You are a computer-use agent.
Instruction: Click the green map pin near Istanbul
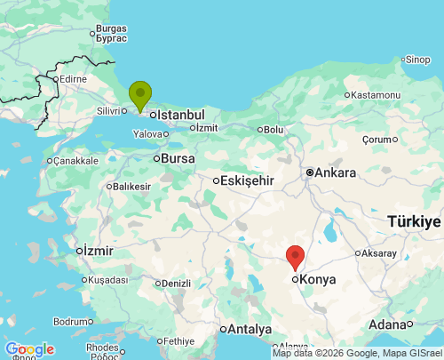(x=140, y=94)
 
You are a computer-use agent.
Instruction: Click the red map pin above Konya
(x=296, y=256)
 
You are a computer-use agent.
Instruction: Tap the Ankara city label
(x=335, y=172)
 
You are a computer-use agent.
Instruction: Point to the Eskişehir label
(x=248, y=180)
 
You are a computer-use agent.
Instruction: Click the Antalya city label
(x=249, y=329)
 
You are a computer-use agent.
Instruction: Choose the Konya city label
(x=319, y=279)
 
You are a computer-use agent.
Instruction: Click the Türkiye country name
(x=414, y=221)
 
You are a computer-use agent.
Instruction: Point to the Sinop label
(x=417, y=60)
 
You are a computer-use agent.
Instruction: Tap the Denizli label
(x=176, y=284)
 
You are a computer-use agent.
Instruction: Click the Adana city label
(x=387, y=324)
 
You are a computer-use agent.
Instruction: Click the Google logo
(x=29, y=349)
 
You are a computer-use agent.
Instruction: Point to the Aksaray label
(x=379, y=253)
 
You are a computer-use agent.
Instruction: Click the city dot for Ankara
(x=309, y=172)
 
